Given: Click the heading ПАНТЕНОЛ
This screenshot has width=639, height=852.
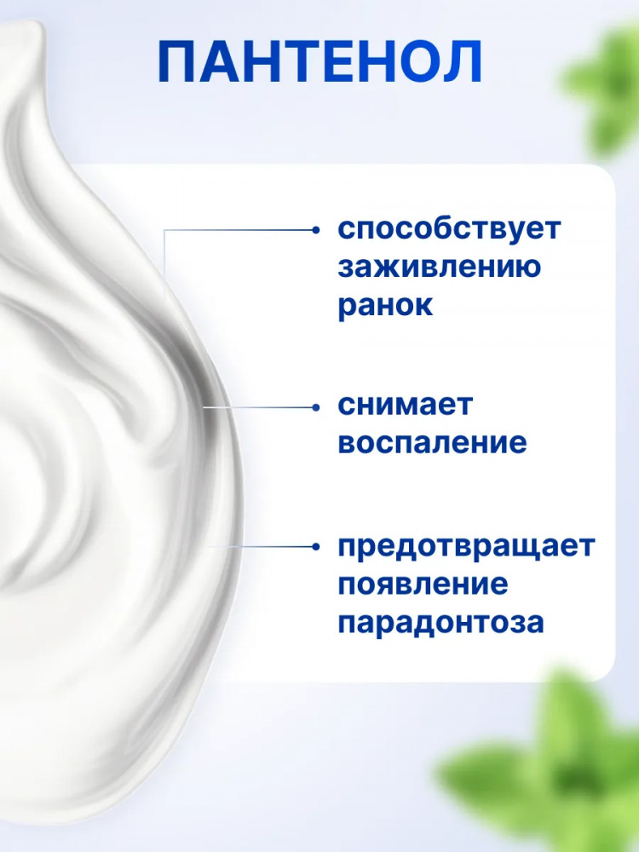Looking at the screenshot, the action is tap(319, 62).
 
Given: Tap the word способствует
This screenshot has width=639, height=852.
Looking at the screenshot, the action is tap(449, 229).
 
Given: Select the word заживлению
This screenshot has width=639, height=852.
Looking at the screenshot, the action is tap(439, 267).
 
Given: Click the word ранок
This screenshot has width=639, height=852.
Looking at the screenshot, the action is tap(385, 306).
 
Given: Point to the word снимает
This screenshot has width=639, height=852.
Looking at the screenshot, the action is tap(405, 406).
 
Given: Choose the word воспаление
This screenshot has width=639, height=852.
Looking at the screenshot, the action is tap(432, 443).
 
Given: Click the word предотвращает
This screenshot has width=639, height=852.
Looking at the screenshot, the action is tap(466, 547).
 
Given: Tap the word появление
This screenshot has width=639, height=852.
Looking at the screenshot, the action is tap(423, 584).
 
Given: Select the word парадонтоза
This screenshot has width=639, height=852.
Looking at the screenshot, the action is tap(440, 623).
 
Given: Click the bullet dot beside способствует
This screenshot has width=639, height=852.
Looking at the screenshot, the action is tap(316, 230).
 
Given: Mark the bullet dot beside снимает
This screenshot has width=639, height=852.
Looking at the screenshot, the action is tap(316, 407).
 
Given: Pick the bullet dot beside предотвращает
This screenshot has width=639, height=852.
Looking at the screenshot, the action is tap(316, 546).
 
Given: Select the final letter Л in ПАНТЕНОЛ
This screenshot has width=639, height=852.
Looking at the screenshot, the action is tap(462, 62).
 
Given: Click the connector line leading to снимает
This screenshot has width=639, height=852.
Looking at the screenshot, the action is tap(258, 407).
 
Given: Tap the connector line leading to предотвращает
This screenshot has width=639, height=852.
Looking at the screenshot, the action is tap(261, 546).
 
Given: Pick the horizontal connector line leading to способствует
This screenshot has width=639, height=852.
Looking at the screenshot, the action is tap(239, 230).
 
